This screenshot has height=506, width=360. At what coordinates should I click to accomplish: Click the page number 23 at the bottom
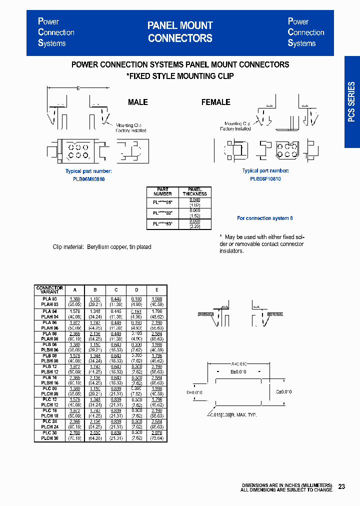pos(341,486)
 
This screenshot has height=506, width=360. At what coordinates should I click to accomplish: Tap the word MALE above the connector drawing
pos(137,102)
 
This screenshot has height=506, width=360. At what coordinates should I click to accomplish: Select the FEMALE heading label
pos(215,102)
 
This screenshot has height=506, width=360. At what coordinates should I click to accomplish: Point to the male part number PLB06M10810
pos(85,178)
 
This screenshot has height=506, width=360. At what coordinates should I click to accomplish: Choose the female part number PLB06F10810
pos(265,178)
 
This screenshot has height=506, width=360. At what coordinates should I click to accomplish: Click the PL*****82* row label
pos(163,213)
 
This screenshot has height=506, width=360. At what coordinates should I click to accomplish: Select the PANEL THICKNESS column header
pos(194,191)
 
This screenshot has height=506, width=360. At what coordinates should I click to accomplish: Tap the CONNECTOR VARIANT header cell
pos(49,290)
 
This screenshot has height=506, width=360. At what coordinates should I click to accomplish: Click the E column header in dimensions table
pos(156,290)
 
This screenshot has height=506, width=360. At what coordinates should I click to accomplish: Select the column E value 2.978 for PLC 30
pos(156,433)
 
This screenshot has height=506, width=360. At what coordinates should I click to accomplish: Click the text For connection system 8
pos(264,218)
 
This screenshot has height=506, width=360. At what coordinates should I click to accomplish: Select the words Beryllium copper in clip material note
pos(107,247)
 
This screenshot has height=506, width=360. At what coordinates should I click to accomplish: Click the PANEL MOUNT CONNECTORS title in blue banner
pos(180,32)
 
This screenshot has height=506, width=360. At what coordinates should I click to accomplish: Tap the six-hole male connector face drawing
pos(78,151)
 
